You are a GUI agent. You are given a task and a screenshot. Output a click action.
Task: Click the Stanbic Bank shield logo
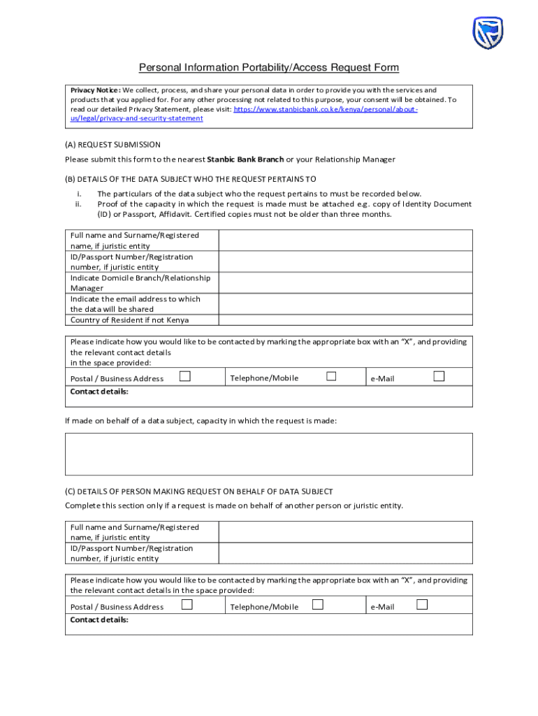click(x=488, y=33)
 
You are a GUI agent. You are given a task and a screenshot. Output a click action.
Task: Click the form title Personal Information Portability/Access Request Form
click(x=269, y=68)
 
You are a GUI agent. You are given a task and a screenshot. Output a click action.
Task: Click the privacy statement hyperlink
click(x=244, y=114)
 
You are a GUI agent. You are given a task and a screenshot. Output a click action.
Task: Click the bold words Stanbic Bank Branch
click(x=245, y=159)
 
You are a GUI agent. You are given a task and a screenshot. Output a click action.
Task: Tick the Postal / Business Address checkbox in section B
click(x=185, y=377)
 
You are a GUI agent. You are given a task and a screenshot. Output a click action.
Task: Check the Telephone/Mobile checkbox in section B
click(x=331, y=377)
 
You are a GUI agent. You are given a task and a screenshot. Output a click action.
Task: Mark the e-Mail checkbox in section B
click(x=439, y=377)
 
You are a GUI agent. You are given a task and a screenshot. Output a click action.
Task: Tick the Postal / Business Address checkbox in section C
click(x=187, y=605)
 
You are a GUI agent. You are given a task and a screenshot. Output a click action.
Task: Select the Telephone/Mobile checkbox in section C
click(x=317, y=605)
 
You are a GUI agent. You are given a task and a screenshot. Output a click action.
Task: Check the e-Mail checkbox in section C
click(x=422, y=605)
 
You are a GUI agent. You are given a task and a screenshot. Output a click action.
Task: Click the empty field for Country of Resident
click(x=345, y=320)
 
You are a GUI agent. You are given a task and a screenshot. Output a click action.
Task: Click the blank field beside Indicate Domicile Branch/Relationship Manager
click(x=345, y=283)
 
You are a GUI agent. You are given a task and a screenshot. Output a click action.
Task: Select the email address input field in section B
click(x=345, y=304)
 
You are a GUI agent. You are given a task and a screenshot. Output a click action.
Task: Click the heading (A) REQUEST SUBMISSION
click(x=112, y=145)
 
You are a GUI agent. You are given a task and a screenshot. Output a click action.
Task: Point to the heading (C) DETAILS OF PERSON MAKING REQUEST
click(x=199, y=492)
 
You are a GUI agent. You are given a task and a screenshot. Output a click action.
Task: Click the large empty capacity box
click(x=269, y=454)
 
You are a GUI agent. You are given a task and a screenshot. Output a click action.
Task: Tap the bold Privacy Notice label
click(x=96, y=90)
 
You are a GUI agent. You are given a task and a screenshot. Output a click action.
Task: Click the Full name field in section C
click(x=345, y=532)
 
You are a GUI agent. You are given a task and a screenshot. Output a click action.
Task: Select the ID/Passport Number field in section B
click(x=345, y=262)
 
